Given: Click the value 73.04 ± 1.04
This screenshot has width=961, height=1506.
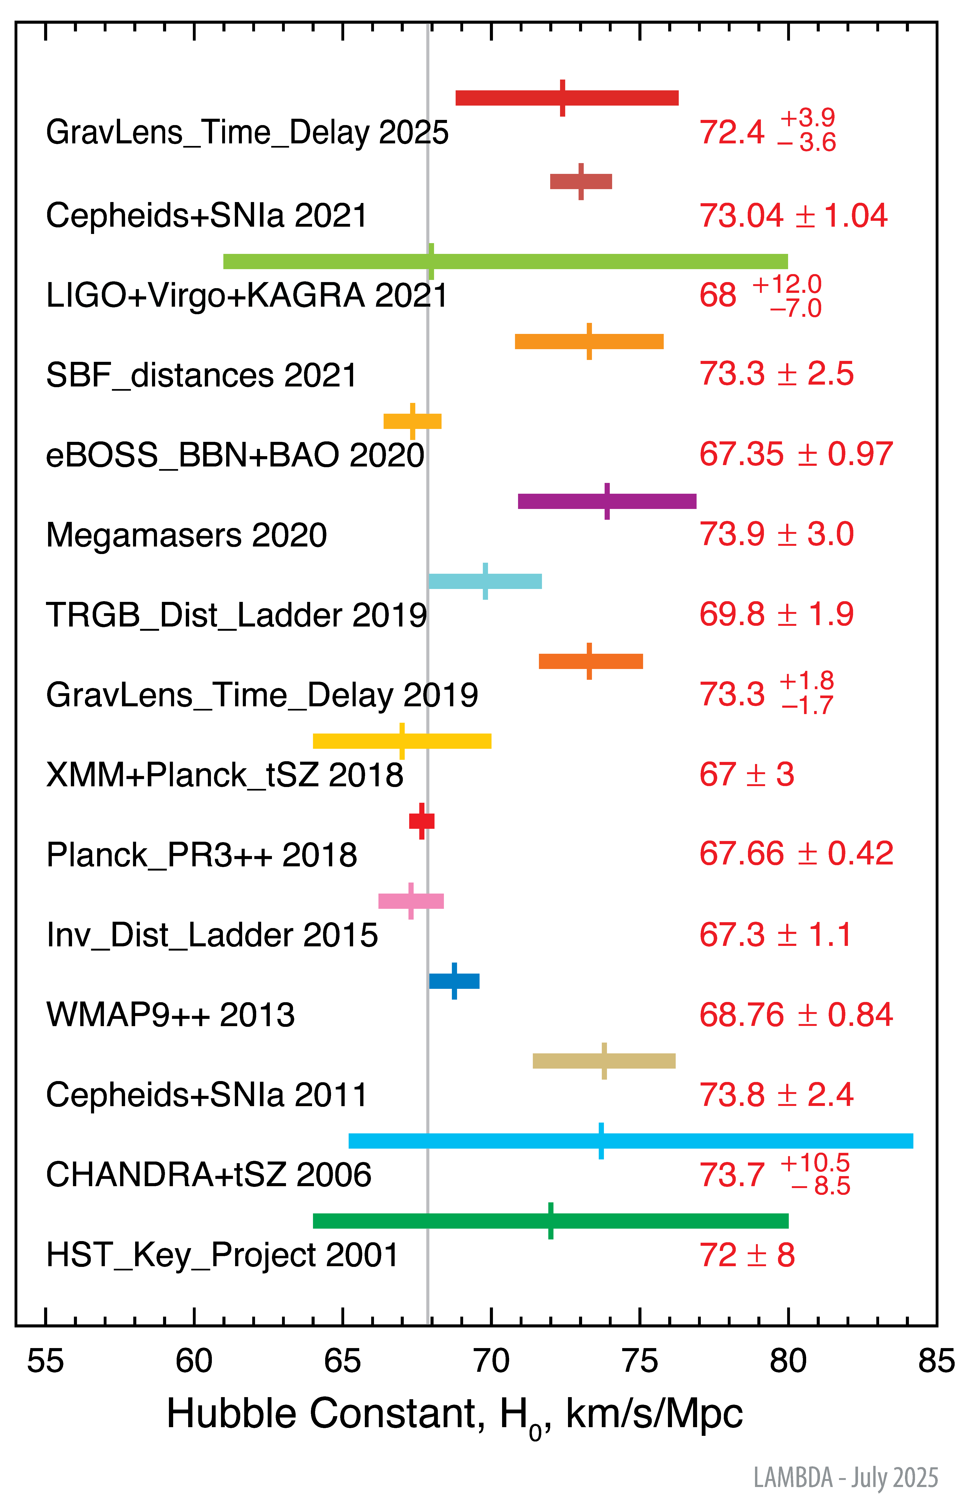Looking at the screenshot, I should (793, 216).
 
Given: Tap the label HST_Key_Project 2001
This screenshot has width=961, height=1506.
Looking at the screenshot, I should (222, 1255).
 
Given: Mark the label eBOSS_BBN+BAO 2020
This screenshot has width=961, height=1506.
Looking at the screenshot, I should (235, 455).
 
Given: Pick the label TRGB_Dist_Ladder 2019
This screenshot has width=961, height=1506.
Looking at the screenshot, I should (236, 615).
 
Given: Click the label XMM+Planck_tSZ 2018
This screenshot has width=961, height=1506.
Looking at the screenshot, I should (225, 776).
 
